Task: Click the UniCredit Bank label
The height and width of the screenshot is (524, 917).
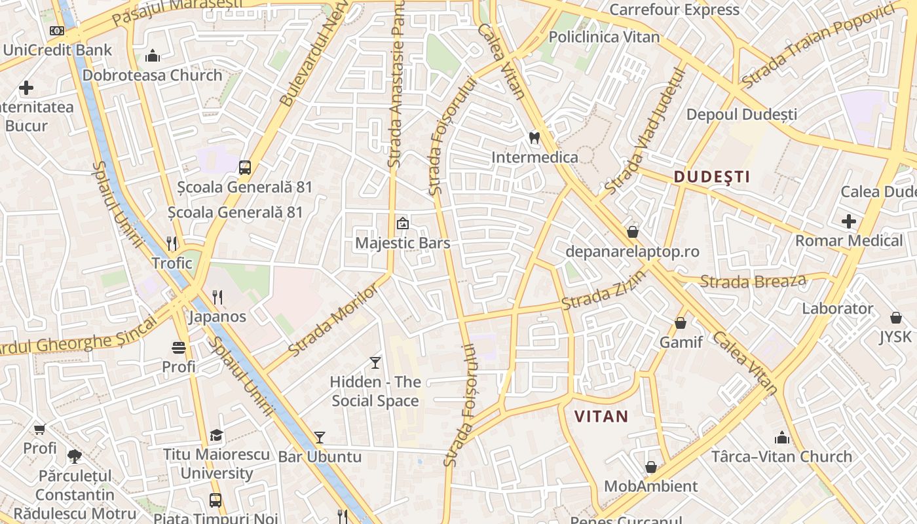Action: coord(58,50)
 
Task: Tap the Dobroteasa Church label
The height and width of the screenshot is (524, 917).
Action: coord(152,75)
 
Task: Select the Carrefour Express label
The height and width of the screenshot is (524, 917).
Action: coord(674,10)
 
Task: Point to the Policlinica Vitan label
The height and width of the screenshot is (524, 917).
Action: coord(604,37)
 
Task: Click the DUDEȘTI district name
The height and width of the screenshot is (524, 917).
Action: coord(712,176)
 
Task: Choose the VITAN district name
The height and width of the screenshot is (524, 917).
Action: coord(601,416)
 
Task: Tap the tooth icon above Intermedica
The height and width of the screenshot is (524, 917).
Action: coord(534,138)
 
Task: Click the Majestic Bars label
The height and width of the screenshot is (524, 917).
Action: coord(403,243)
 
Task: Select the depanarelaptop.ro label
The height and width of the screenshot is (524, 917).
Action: coord(633,252)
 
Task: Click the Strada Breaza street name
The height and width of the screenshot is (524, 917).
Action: coord(753,282)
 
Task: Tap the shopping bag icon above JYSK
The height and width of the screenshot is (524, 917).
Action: coord(896,318)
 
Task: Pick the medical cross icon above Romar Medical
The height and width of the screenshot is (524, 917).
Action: coord(849,221)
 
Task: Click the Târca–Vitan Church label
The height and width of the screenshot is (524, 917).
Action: coord(781,457)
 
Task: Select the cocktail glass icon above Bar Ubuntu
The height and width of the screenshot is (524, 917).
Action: coord(320,437)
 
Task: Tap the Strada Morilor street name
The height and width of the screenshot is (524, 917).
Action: coord(333,321)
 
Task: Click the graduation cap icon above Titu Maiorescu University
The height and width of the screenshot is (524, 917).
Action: coord(216,435)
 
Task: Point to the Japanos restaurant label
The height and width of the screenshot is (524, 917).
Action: coord(217,316)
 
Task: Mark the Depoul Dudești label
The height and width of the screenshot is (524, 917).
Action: coord(741,115)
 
